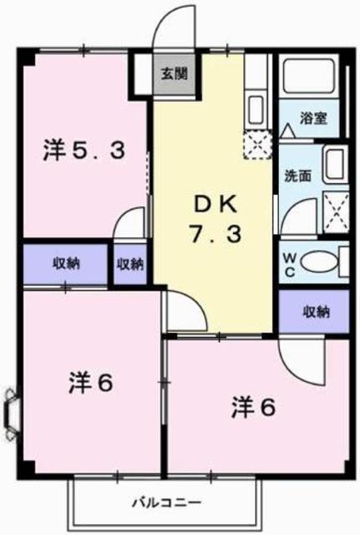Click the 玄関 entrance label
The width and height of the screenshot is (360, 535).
point(175,73)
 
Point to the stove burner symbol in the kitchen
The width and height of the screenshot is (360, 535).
point(256,147)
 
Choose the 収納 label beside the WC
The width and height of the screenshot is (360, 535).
point(316,312)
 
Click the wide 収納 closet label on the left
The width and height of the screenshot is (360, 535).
point(67,264)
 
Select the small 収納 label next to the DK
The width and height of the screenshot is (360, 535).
point(130,264)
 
